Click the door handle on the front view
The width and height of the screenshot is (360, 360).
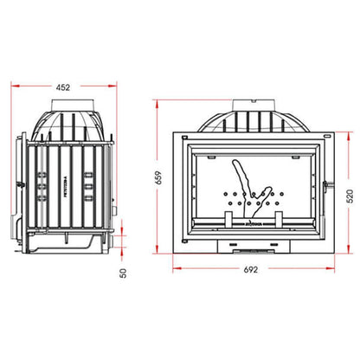325,184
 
